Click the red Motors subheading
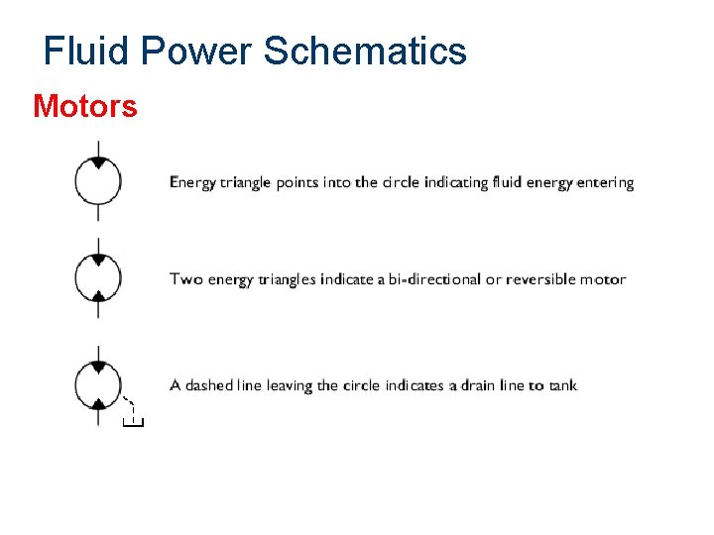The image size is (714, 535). pyautogui.click(x=85, y=105)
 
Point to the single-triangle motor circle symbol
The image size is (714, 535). pyautogui.click(x=98, y=180)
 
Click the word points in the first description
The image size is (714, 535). pyautogui.click(x=299, y=182)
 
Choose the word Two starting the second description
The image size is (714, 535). pyautogui.click(x=185, y=279)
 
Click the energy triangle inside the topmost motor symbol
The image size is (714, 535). pyautogui.click(x=98, y=163)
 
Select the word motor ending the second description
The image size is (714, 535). pyautogui.click(x=603, y=279)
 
